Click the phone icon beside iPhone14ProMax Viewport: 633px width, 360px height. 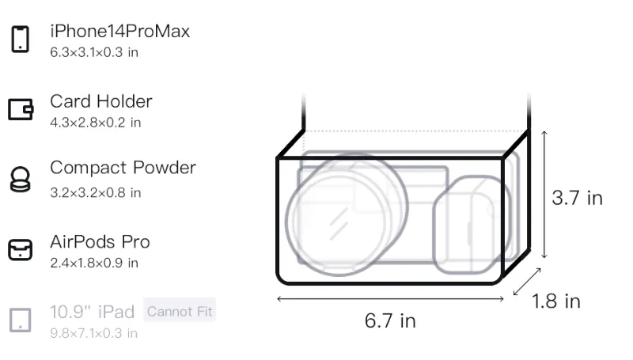pos(21,39)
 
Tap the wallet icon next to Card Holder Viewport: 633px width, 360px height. pos(21,109)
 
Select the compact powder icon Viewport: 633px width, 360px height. pos(20,179)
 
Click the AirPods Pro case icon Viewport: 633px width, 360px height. pos(21,250)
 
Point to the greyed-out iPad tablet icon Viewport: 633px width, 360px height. pos(21,320)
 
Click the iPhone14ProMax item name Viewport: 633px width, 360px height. pos(120,31)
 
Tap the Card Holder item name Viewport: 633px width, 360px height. pos(101,101)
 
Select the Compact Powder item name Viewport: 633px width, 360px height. pos(123,168)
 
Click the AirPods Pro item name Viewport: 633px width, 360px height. pos(100,242)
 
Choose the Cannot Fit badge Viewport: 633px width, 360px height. pos(180,311)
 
